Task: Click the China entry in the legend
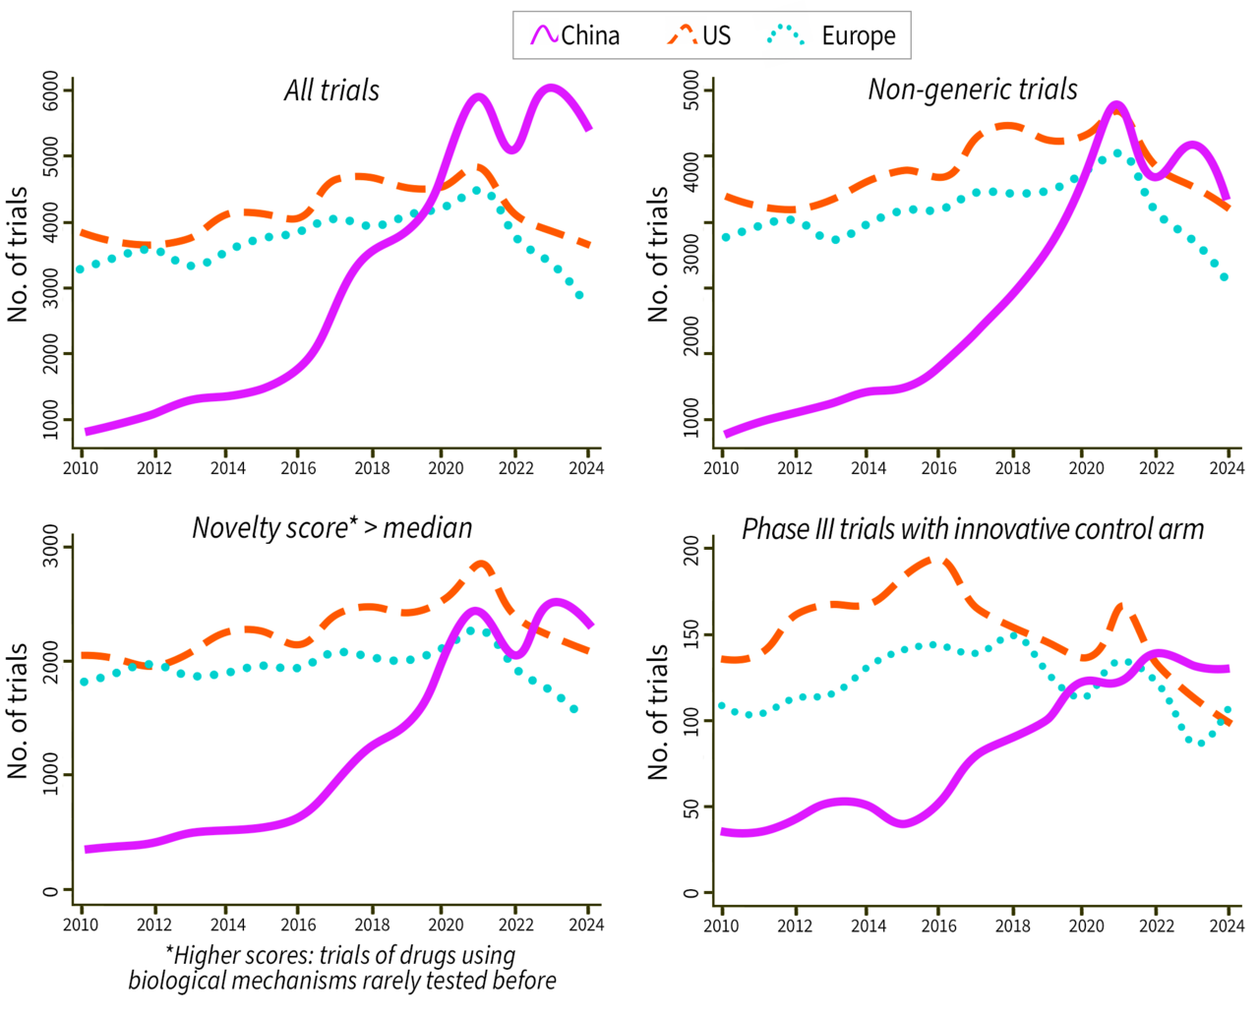589,36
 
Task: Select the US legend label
716,36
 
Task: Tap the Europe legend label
858,36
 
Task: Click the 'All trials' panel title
331,90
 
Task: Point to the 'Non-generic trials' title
972,90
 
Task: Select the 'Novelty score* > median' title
331,528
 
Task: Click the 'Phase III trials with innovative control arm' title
972,529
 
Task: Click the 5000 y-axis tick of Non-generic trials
691,90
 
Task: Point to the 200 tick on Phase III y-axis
691,550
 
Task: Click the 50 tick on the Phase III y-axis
691,807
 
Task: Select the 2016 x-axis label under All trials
298,468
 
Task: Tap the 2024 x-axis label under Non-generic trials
1227,468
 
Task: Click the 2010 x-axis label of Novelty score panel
81,925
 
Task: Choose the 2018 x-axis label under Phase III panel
1012,926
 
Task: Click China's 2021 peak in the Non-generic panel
1115,105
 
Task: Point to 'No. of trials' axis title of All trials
18,254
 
